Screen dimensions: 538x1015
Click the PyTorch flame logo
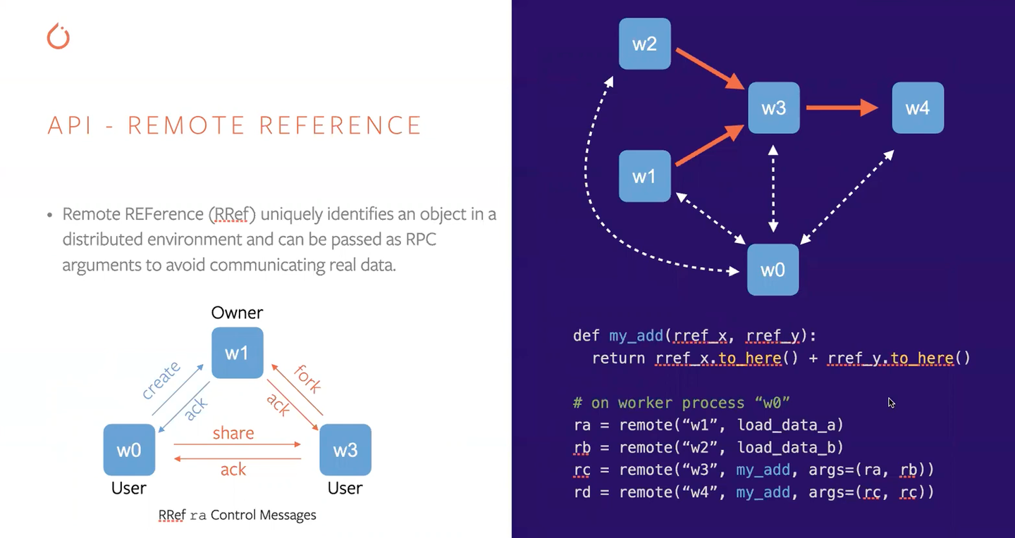coord(59,36)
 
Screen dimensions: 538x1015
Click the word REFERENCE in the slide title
coord(340,125)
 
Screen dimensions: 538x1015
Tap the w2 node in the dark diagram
coord(644,44)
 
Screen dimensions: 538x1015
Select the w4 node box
coord(917,108)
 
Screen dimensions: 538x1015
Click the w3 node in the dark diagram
coord(773,108)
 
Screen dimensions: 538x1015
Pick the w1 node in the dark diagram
coord(644,176)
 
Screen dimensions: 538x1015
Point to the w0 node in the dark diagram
coord(773,270)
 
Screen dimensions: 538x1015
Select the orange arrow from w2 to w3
coord(710,69)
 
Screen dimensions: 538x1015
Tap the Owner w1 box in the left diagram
coord(237,353)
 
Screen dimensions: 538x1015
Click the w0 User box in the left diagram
coord(129,449)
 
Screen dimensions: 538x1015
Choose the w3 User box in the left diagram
coord(345,449)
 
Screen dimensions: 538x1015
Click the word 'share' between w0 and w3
coord(233,433)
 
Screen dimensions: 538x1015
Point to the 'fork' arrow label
coord(307,378)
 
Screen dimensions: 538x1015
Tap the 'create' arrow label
coord(161,380)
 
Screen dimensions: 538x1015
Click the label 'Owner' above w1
coord(237,313)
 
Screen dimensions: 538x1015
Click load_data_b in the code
coord(789,447)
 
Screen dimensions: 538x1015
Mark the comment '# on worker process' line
coord(681,403)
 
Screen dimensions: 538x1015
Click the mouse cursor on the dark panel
coord(891,403)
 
